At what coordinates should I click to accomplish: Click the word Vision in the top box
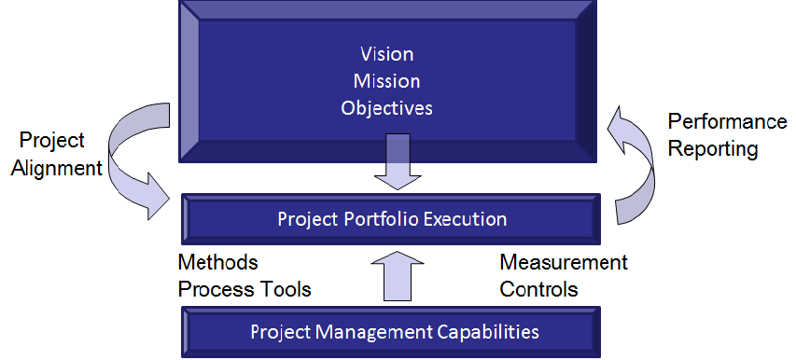tap(387, 54)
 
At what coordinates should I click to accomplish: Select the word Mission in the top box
tap(387, 81)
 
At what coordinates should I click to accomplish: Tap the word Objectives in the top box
tap(387, 108)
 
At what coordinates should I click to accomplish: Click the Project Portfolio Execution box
tap(391, 219)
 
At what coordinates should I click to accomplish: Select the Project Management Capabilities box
tap(391, 332)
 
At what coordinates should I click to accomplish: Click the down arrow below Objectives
tap(398, 161)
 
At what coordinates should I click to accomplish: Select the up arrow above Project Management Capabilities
tap(398, 276)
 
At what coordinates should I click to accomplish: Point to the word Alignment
tap(56, 168)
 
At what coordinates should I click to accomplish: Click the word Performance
tap(728, 121)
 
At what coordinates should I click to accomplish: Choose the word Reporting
tap(713, 149)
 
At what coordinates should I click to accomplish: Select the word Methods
tap(217, 262)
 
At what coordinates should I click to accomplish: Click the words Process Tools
tap(244, 289)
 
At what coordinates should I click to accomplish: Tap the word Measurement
tap(564, 262)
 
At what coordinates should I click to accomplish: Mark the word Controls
tap(539, 289)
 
